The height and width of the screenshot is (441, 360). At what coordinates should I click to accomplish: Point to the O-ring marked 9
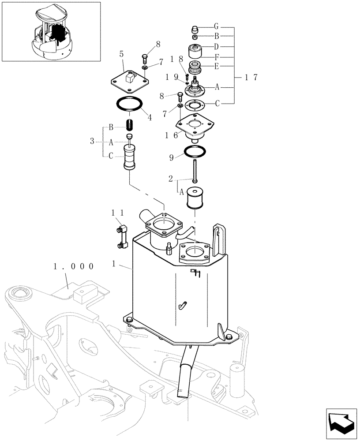pos(194,151)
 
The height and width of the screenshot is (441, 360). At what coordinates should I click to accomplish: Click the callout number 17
pos(251,77)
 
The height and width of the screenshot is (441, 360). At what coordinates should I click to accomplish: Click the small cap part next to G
pos(194,30)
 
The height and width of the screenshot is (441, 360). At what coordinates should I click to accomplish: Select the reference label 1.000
pos(73,266)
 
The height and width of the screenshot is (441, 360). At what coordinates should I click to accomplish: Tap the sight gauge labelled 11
pos(122,236)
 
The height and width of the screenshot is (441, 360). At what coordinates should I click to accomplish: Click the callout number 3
pos(92,141)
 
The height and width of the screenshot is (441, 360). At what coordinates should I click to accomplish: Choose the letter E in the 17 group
pos(217,66)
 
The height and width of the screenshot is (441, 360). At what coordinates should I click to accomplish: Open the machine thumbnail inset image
pos(51,31)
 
